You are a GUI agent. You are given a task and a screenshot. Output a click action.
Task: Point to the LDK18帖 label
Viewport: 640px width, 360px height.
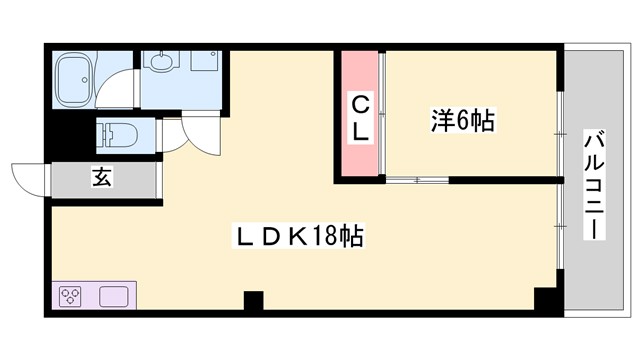click(x=297, y=238)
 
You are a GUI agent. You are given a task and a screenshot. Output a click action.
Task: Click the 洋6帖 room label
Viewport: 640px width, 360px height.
click(x=463, y=122)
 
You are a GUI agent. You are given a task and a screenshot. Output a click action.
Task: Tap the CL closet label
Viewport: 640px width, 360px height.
click(x=359, y=116)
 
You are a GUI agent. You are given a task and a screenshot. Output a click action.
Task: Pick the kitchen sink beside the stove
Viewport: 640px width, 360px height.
click(x=113, y=296)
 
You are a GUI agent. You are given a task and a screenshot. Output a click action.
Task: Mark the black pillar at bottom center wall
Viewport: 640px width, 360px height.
click(x=253, y=299)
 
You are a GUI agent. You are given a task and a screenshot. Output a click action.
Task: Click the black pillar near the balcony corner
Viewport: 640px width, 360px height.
click(x=545, y=299)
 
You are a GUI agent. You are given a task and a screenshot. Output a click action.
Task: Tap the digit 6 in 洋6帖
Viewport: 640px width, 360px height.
click(x=465, y=122)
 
